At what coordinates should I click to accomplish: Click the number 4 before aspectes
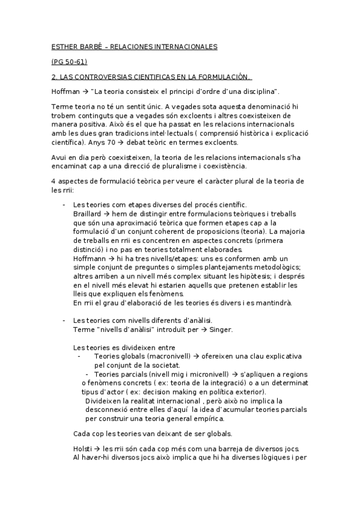tap(54, 181)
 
